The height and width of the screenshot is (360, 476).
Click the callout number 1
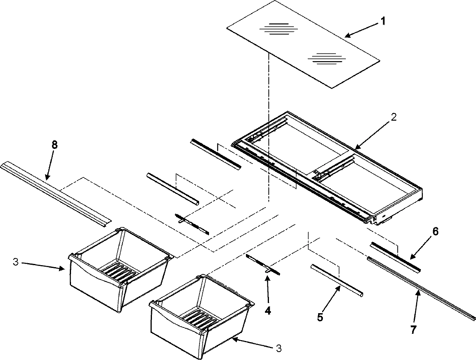point(382,21)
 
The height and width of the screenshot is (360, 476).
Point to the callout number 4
point(268,311)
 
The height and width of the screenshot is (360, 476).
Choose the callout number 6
point(435,232)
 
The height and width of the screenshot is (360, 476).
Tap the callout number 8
point(54,145)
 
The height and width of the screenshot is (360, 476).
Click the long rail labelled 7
point(420,287)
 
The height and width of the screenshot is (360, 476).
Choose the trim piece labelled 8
point(56,193)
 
